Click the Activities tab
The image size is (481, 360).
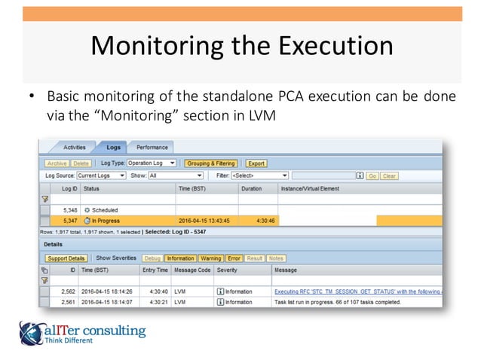pyautogui.click(x=75, y=148)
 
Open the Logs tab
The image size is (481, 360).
pyautogui.click(x=113, y=148)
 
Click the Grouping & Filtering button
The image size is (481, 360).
pyautogui.click(x=210, y=163)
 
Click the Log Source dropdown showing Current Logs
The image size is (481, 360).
pyautogui.click(x=97, y=175)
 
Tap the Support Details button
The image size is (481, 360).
pyautogui.click(x=66, y=258)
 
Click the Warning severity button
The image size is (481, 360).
pyautogui.click(x=210, y=258)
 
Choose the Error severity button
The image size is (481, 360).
pyautogui.click(x=234, y=258)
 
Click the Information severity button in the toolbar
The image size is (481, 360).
pyautogui.click(x=181, y=258)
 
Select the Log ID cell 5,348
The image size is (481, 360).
pyautogui.click(x=69, y=209)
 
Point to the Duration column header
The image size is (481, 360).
pyautogui.click(x=251, y=188)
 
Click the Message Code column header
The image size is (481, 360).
pyautogui.click(x=192, y=270)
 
